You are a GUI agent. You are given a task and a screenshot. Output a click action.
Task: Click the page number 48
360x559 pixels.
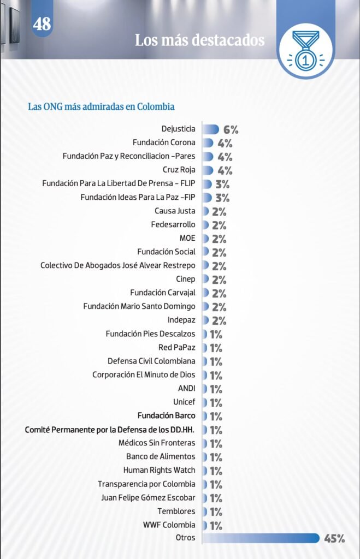click(42, 24)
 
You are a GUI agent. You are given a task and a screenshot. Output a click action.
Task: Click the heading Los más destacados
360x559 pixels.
click(199, 40)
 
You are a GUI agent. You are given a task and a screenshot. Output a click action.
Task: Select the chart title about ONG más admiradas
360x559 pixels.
click(101, 106)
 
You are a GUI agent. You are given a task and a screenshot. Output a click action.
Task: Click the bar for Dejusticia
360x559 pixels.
click(211, 129)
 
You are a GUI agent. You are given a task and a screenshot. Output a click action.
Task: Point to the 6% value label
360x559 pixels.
click(231, 130)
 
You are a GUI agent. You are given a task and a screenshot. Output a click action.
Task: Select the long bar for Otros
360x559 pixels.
click(261, 538)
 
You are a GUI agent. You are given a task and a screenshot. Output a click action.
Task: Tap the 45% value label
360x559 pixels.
click(334, 539)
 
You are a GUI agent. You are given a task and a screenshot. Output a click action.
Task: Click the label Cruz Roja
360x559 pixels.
click(179, 170)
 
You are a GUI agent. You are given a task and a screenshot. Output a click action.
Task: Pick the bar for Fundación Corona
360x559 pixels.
click(208, 143)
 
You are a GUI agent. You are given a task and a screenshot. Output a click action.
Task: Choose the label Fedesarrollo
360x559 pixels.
click(173, 224)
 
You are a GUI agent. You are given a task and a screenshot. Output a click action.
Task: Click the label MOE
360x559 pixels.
click(187, 238)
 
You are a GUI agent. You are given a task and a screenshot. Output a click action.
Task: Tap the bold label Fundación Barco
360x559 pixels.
click(166, 415)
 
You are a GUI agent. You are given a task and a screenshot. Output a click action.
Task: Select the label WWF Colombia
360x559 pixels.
click(169, 525)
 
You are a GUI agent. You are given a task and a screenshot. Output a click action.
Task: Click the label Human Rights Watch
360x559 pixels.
click(159, 470)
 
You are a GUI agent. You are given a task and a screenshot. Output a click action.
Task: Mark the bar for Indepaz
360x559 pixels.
click(206, 320)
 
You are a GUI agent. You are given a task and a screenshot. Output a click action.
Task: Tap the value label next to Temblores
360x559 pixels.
click(215, 512)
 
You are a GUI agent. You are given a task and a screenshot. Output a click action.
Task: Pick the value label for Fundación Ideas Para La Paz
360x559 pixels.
click(222, 198)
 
